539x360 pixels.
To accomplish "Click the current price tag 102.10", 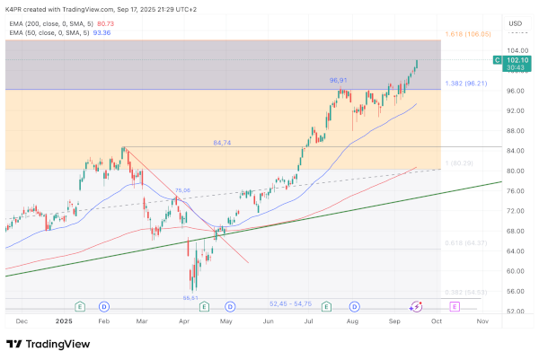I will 517,60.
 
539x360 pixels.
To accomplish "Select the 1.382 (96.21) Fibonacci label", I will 465,83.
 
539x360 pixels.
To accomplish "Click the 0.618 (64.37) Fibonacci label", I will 465,242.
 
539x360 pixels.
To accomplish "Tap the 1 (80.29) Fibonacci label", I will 459,162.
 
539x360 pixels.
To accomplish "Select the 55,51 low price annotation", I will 190,297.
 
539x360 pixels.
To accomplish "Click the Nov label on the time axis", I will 482,320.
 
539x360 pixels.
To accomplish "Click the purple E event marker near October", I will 455,306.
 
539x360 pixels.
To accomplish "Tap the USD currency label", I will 516,23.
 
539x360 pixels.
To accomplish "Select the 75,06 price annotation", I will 183,190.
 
